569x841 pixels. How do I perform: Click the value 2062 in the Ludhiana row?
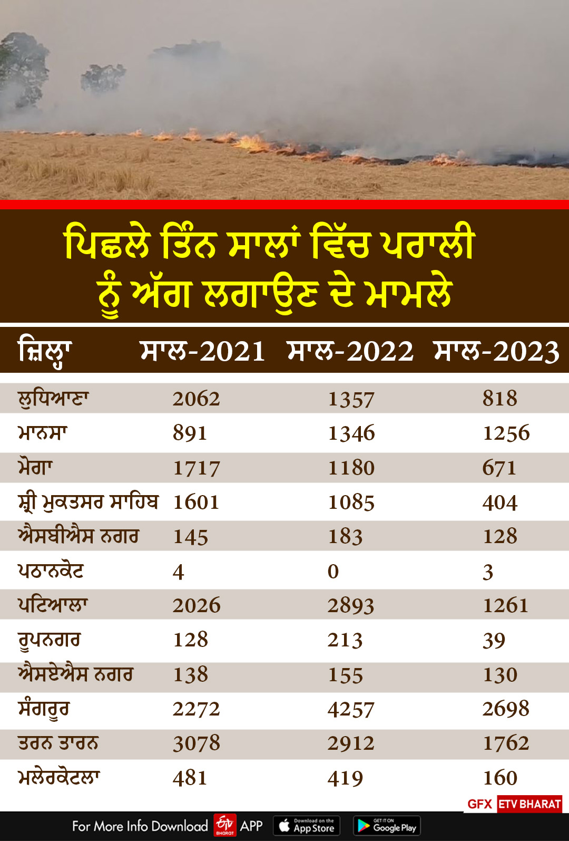point(196,399)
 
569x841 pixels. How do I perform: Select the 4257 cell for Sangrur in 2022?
point(351,709)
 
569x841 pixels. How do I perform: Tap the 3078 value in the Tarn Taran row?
point(197,743)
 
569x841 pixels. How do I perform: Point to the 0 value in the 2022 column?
point(333,572)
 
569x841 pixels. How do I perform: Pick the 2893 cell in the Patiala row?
point(351,606)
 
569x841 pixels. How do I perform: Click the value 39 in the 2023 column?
point(494,641)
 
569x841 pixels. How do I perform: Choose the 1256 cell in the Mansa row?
point(506,433)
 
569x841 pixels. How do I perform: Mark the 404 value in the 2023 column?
point(500,502)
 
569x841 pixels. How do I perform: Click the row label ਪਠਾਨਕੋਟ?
point(51,571)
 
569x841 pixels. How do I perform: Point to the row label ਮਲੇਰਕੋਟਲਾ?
point(59,778)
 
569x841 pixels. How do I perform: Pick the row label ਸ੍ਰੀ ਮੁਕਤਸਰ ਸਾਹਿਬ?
point(88,502)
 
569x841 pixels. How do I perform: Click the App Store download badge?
point(307,826)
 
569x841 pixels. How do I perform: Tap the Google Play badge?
point(387,826)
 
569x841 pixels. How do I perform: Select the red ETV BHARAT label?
point(529,804)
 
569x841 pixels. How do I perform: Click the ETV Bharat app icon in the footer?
point(225,825)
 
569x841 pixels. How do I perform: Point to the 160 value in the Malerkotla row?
point(500,778)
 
